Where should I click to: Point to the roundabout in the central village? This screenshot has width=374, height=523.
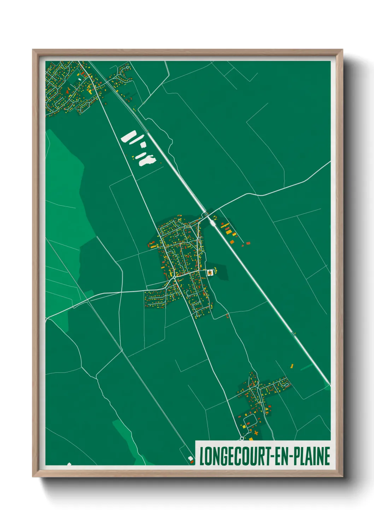click(175, 278)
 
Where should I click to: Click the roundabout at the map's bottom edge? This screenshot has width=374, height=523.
click(242, 438)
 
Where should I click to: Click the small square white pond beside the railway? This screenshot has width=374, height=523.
click(142, 145)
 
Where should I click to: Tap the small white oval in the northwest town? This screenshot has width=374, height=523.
click(80, 79)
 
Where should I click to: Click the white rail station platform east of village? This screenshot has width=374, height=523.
click(213, 222)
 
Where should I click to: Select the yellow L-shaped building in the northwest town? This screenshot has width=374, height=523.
click(90, 92)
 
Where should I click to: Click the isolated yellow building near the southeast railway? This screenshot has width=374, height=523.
click(292, 366)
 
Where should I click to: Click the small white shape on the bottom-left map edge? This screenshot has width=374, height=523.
click(69, 464)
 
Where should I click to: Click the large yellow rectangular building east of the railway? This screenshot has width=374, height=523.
click(229, 231)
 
